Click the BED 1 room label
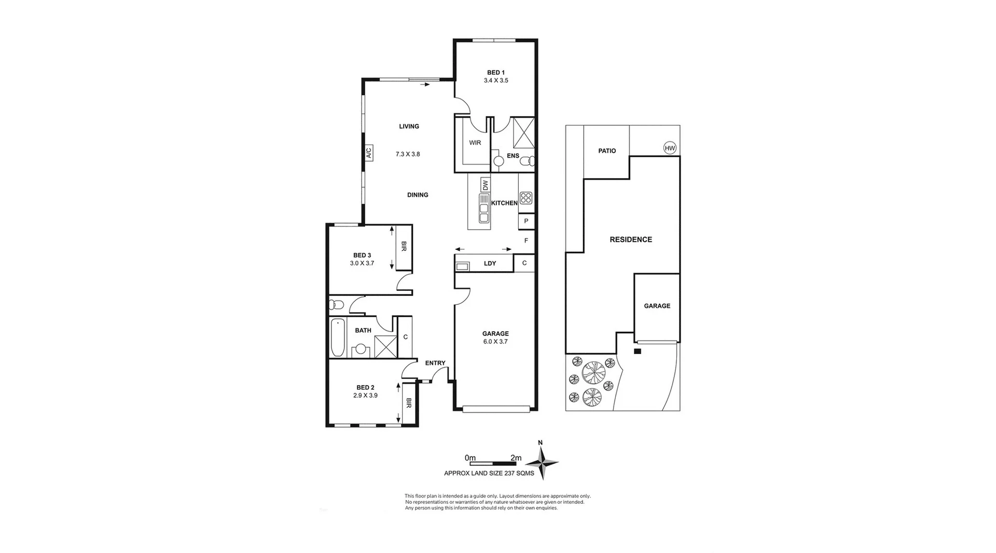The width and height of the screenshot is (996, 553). coord(495,73)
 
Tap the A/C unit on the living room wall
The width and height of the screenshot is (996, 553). coord(368,153)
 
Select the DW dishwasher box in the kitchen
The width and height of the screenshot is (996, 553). coord(485,185)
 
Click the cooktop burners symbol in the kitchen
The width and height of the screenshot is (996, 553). coord(525,197)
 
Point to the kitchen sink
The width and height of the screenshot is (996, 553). coord(484,209)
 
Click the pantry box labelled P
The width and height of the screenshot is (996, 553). coord(526,221)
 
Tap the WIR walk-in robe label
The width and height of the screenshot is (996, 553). coord(475,143)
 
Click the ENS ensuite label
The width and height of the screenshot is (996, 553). coord(513,155)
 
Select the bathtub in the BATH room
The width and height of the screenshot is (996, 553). coord(338,338)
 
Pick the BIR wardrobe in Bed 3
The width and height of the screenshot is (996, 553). coord(404,247)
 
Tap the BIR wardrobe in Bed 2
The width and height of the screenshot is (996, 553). coord(409,403)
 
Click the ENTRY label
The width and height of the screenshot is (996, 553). coord(435,363)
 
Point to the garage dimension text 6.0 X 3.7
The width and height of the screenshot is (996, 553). coord(495,342)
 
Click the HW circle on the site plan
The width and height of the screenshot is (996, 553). coord(670,148)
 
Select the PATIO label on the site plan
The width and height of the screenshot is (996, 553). coord(606,151)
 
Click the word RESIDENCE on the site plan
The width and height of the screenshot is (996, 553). coord(630,239)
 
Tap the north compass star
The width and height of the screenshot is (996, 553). coord(543,461)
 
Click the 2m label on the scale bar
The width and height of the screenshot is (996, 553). coord(516,458)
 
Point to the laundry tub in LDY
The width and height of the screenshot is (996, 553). coord(462,266)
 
